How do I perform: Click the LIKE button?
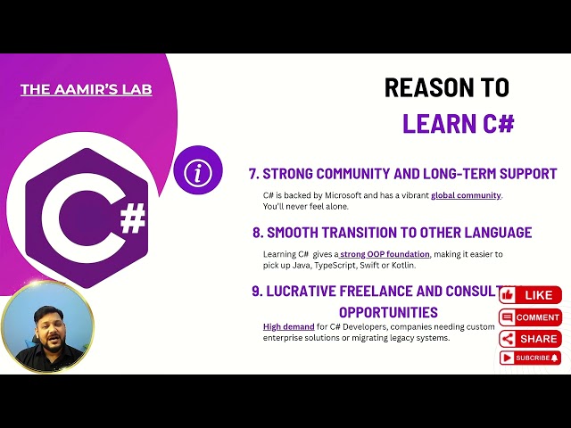530,295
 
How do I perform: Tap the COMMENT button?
530,317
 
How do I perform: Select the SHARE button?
530,339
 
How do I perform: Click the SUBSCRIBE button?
530,358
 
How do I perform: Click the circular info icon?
198,172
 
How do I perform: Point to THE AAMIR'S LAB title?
86,90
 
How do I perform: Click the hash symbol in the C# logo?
132,218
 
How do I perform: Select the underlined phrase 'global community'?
466,195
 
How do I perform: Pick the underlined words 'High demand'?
288,327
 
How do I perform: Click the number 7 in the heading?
253,174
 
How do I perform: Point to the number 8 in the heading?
257,233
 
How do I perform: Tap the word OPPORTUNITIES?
388,312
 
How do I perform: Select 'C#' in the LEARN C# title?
495,123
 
